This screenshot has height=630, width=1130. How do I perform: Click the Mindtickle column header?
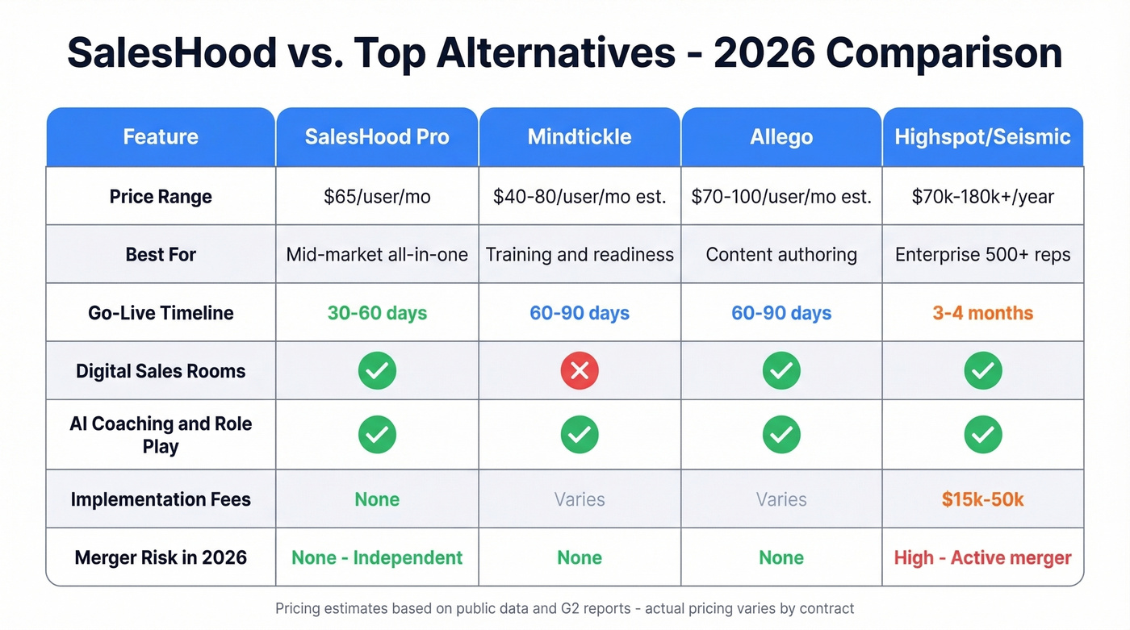tap(580, 136)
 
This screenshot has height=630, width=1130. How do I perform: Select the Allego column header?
tap(781, 136)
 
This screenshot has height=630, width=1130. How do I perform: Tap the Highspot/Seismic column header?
tap(982, 136)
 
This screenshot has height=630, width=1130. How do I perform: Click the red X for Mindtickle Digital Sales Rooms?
tap(580, 371)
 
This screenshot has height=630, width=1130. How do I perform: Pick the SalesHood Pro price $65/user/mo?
tap(377, 197)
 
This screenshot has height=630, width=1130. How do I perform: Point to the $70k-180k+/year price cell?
tap(982, 197)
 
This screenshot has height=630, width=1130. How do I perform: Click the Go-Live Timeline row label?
tap(161, 313)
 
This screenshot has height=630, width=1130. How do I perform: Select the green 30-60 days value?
tap(377, 313)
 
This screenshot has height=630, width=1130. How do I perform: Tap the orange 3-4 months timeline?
tap(982, 313)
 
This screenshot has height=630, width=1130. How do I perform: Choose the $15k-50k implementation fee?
tap(982, 499)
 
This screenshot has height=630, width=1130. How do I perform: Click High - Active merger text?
tap(982, 557)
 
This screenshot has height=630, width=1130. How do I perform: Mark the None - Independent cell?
tap(377, 557)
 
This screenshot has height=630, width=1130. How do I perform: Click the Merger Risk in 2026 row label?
tap(161, 557)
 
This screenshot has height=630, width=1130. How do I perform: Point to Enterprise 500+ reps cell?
tap(982, 255)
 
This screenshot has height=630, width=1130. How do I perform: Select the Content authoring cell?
tap(781, 255)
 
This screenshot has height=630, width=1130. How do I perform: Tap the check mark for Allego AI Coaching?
tap(781, 435)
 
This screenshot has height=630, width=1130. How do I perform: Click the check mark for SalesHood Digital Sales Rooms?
tap(377, 371)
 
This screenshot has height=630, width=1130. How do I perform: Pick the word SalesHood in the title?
tap(171, 53)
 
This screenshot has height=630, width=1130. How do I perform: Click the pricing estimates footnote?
tap(564, 608)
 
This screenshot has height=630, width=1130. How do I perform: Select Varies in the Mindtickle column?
tap(580, 499)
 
